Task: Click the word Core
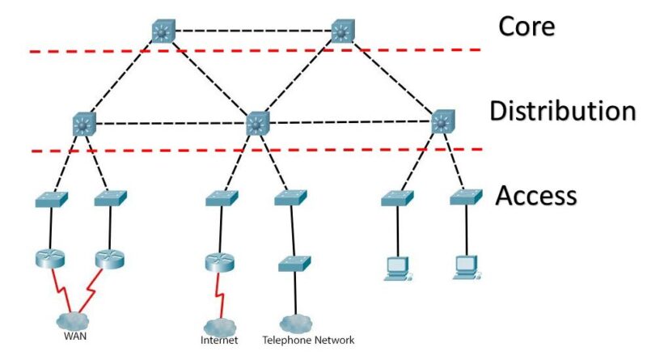pos(526,26)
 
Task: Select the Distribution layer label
pos(561,111)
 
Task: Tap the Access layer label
pos(535,195)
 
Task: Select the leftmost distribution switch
pos(83,124)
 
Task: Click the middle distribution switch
pos(257,124)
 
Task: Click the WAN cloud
pos(78,320)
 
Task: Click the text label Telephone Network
pos(308,341)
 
